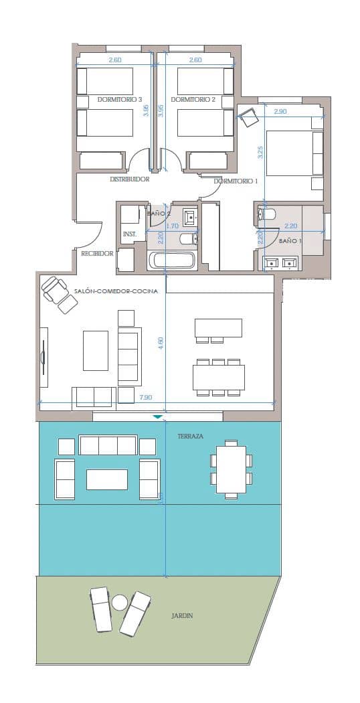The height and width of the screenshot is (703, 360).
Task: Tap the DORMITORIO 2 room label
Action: coord(193,99)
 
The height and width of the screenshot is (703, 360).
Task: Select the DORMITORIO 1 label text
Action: coord(236,181)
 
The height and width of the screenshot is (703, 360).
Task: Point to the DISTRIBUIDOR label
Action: coord(129,179)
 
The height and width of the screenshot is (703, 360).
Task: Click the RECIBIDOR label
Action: coord(97,254)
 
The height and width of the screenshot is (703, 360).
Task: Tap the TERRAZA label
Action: coord(191,435)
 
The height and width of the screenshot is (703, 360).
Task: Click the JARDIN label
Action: coord(182,616)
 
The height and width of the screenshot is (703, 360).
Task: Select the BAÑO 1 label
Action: coord(290,240)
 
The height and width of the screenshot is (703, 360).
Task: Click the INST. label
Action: coord(130,234)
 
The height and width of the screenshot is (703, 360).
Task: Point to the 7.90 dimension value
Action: coord(145,398)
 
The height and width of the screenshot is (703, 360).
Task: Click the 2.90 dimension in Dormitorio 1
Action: coord(280,112)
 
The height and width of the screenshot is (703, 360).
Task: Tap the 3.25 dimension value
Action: coord(261,152)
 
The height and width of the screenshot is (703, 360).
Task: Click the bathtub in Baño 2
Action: coord(172,260)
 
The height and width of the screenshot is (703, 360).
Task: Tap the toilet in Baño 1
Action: coord(267,215)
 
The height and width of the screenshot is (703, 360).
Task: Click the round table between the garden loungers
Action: coord(119,602)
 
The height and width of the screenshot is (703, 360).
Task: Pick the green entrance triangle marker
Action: coord(157,416)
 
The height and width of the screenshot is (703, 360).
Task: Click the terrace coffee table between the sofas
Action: coord(106,479)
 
